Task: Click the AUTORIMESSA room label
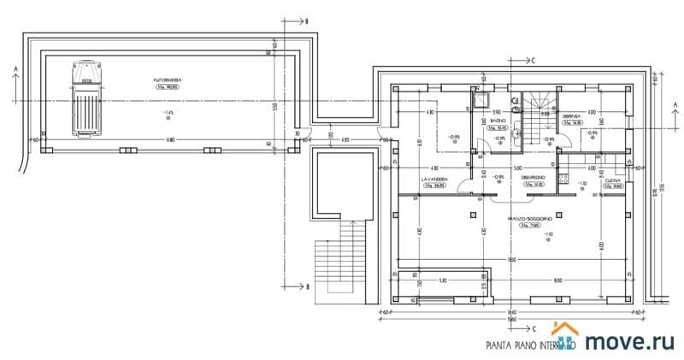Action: tap(168, 80)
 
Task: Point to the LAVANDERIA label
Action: tap(435, 179)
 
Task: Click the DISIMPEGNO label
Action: tap(534, 178)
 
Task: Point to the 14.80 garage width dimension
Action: tap(171, 140)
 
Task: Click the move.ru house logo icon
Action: tap(565, 336)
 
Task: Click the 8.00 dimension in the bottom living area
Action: tap(557, 280)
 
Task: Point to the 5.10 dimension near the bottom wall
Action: tap(443, 280)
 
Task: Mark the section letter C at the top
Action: tap(532, 61)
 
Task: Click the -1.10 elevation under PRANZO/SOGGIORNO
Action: tap(547, 235)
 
